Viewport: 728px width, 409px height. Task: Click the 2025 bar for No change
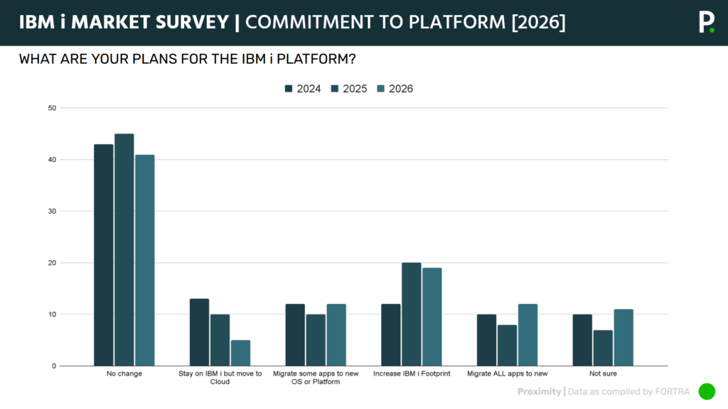tap(124, 249)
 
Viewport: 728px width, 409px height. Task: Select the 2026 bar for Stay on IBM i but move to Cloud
tap(240, 353)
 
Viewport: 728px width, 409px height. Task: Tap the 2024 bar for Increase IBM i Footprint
tap(391, 334)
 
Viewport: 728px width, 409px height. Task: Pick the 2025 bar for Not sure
tap(603, 348)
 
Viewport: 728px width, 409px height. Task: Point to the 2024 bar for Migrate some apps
tap(295, 334)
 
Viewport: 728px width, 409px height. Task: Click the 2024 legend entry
tap(303, 89)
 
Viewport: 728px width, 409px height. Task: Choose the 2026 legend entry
tap(395, 89)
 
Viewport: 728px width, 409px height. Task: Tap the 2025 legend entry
tap(348, 89)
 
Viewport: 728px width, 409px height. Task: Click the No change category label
tap(124, 373)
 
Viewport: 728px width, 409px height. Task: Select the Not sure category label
tap(603, 373)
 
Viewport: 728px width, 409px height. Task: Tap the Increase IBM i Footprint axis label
tap(412, 373)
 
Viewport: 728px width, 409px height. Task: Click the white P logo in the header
tap(706, 22)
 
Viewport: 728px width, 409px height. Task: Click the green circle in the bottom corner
tap(707, 391)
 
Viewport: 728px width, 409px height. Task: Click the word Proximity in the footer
tap(538, 391)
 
